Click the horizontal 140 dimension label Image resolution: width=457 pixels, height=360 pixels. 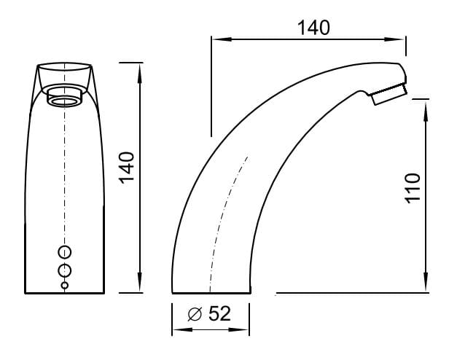click(x=313, y=28)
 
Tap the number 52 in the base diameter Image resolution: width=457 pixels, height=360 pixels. click(x=219, y=313)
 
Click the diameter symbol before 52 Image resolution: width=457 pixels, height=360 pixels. click(x=195, y=314)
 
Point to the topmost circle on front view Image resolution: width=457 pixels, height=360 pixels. click(x=65, y=252)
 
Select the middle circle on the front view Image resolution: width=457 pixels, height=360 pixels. click(x=65, y=271)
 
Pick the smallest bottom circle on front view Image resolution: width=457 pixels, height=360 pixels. click(x=65, y=286)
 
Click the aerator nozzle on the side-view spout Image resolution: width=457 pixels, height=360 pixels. click(x=389, y=93)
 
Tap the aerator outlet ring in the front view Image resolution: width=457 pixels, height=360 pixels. click(x=65, y=102)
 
